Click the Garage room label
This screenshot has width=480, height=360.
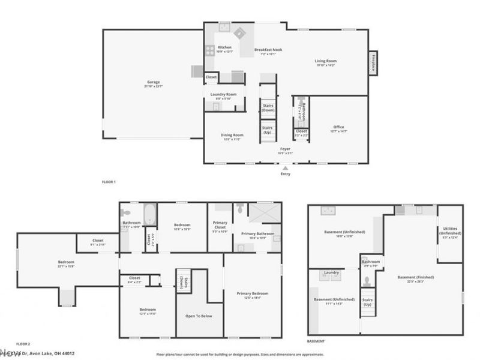click(154, 82)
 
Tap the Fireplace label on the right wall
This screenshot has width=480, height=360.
click(373, 63)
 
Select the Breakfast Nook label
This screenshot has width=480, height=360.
click(268, 50)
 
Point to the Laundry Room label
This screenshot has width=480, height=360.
click(223, 94)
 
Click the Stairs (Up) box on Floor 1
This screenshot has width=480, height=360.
click(268, 130)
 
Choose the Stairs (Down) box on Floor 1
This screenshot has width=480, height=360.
click(268, 108)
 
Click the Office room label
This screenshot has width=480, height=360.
click(339, 127)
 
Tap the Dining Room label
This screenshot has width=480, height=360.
click(232, 135)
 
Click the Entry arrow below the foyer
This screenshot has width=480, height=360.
click(286, 169)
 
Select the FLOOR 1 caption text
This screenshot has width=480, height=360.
click(109, 182)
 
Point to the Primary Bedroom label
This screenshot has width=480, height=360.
click(252, 293)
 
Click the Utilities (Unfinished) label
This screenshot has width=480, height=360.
click(450, 231)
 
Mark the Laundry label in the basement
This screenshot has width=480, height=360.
click(331, 273)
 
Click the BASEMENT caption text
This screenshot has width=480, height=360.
click(316, 341)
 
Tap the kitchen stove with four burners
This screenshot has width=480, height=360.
click(211, 50)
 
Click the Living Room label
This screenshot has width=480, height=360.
click(326, 61)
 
